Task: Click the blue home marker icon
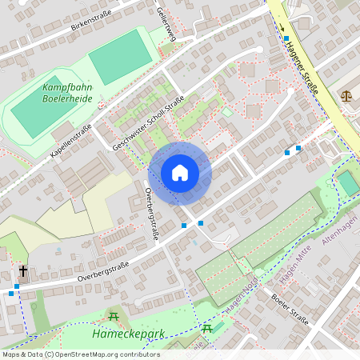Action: point(180,172)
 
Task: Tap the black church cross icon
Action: point(22,271)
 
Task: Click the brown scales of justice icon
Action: point(346,94)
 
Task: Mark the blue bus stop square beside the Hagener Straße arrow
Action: point(286,38)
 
